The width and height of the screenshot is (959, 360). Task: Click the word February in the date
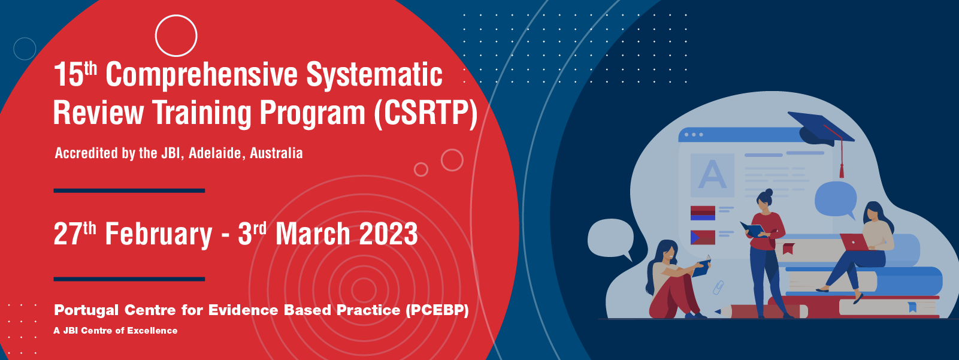(x=159, y=234)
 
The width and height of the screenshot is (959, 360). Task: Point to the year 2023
(x=388, y=234)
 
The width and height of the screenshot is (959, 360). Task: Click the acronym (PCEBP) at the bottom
(x=437, y=310)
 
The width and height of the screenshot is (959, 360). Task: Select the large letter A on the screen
(x=712, y=175)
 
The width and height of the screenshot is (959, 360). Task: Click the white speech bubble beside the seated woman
(x=610, y=239)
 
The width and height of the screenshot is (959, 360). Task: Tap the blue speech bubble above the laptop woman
(x=835, y=200)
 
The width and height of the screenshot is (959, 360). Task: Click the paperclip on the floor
(x=718, y=288)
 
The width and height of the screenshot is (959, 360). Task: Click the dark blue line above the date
(x=129, y=190)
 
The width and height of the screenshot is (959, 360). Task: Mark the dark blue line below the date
(x=129, y=279)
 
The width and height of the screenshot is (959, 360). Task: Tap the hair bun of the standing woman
(x=769, y=192)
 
